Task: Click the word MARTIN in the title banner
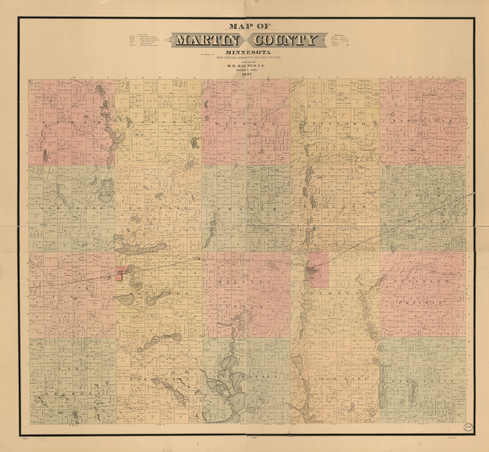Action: pyautogui.click(x=207, y=41)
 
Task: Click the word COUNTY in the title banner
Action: pyautogui.click(x=285, y=41)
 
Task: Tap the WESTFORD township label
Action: pyautogui.click(x=335, y=123)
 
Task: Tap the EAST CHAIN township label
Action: pyautogui.click(x=422, y=381)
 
